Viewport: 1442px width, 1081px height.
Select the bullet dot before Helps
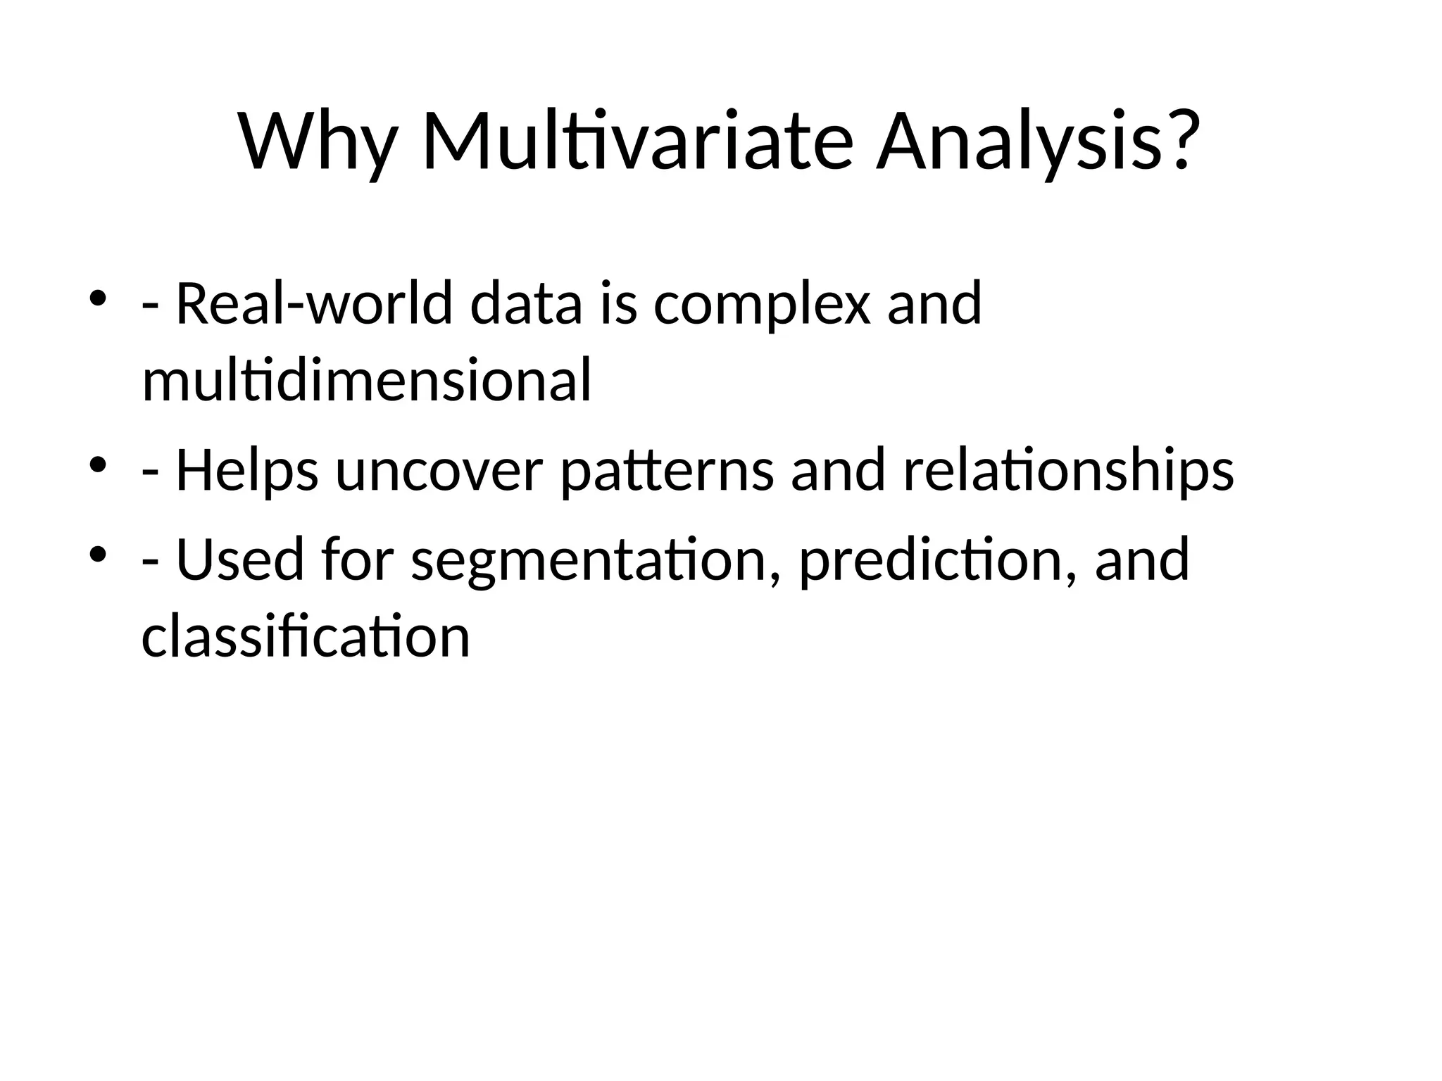pos(97,464)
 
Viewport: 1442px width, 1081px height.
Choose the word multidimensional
pos(366,380)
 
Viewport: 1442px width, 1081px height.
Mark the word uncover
pos(439,470)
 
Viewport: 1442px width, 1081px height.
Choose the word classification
pos(306,636)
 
